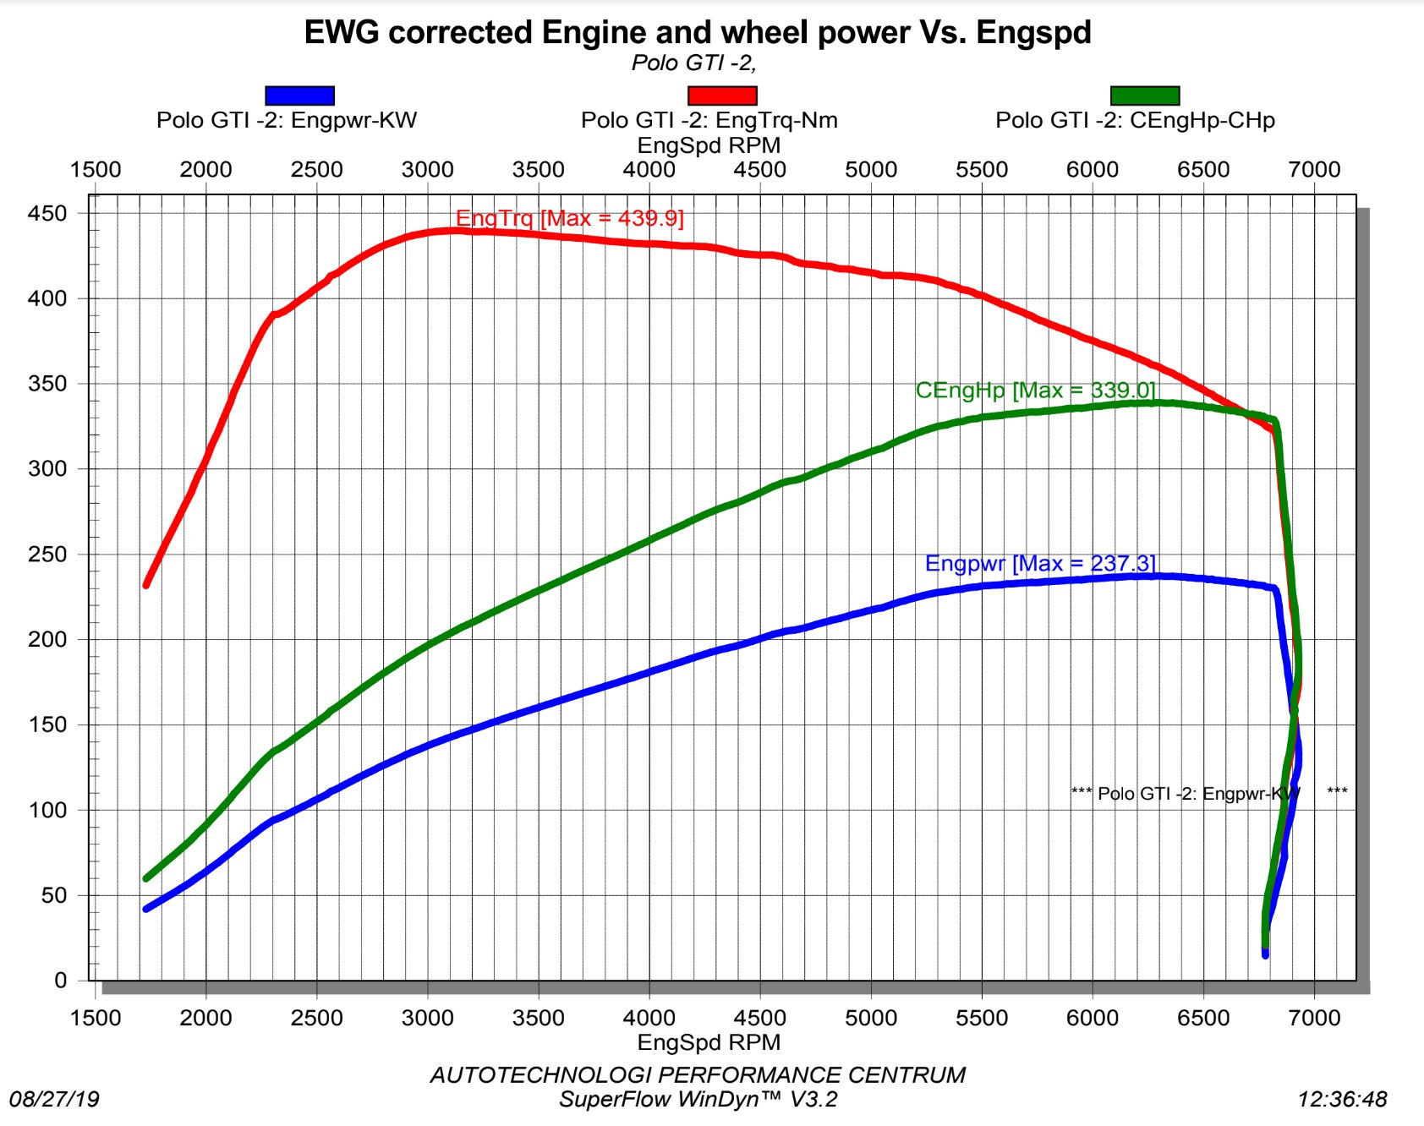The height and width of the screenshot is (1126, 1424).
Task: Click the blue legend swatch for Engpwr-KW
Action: [299, 96]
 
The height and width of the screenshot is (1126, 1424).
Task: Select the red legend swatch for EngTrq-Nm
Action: [722, 96]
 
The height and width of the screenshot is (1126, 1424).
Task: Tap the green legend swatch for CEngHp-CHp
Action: [1144, 96]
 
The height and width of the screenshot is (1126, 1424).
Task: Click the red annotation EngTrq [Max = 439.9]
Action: [569, 218]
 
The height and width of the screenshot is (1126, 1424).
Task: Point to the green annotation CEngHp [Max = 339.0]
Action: [1035, 390]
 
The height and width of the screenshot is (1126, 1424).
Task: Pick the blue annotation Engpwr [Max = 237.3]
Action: [1039, 563]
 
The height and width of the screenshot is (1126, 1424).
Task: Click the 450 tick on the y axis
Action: [47, 213]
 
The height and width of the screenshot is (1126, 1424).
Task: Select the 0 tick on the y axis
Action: [60, 980]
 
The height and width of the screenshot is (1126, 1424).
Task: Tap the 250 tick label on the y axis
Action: [47, 554]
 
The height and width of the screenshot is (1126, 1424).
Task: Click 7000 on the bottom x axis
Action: [1313, 1017]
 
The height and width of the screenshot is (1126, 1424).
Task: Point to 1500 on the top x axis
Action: [95, 169]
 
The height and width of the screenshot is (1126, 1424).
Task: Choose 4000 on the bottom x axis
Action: [649, 1017]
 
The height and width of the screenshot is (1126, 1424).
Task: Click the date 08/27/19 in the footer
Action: [54, 1099]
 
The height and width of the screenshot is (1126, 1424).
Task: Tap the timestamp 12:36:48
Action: [1342, 1099]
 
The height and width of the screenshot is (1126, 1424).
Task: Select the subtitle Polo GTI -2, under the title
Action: [693, 63]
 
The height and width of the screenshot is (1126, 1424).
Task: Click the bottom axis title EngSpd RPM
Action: [709, 1041]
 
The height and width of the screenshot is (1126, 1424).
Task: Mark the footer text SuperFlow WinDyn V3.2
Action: [698, 1099]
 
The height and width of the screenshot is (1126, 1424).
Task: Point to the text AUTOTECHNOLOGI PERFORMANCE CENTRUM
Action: [698, 1074]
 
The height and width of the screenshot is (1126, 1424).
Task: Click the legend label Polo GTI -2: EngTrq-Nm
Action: [709, 120]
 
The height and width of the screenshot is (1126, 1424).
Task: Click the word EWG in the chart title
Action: [342, 32]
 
